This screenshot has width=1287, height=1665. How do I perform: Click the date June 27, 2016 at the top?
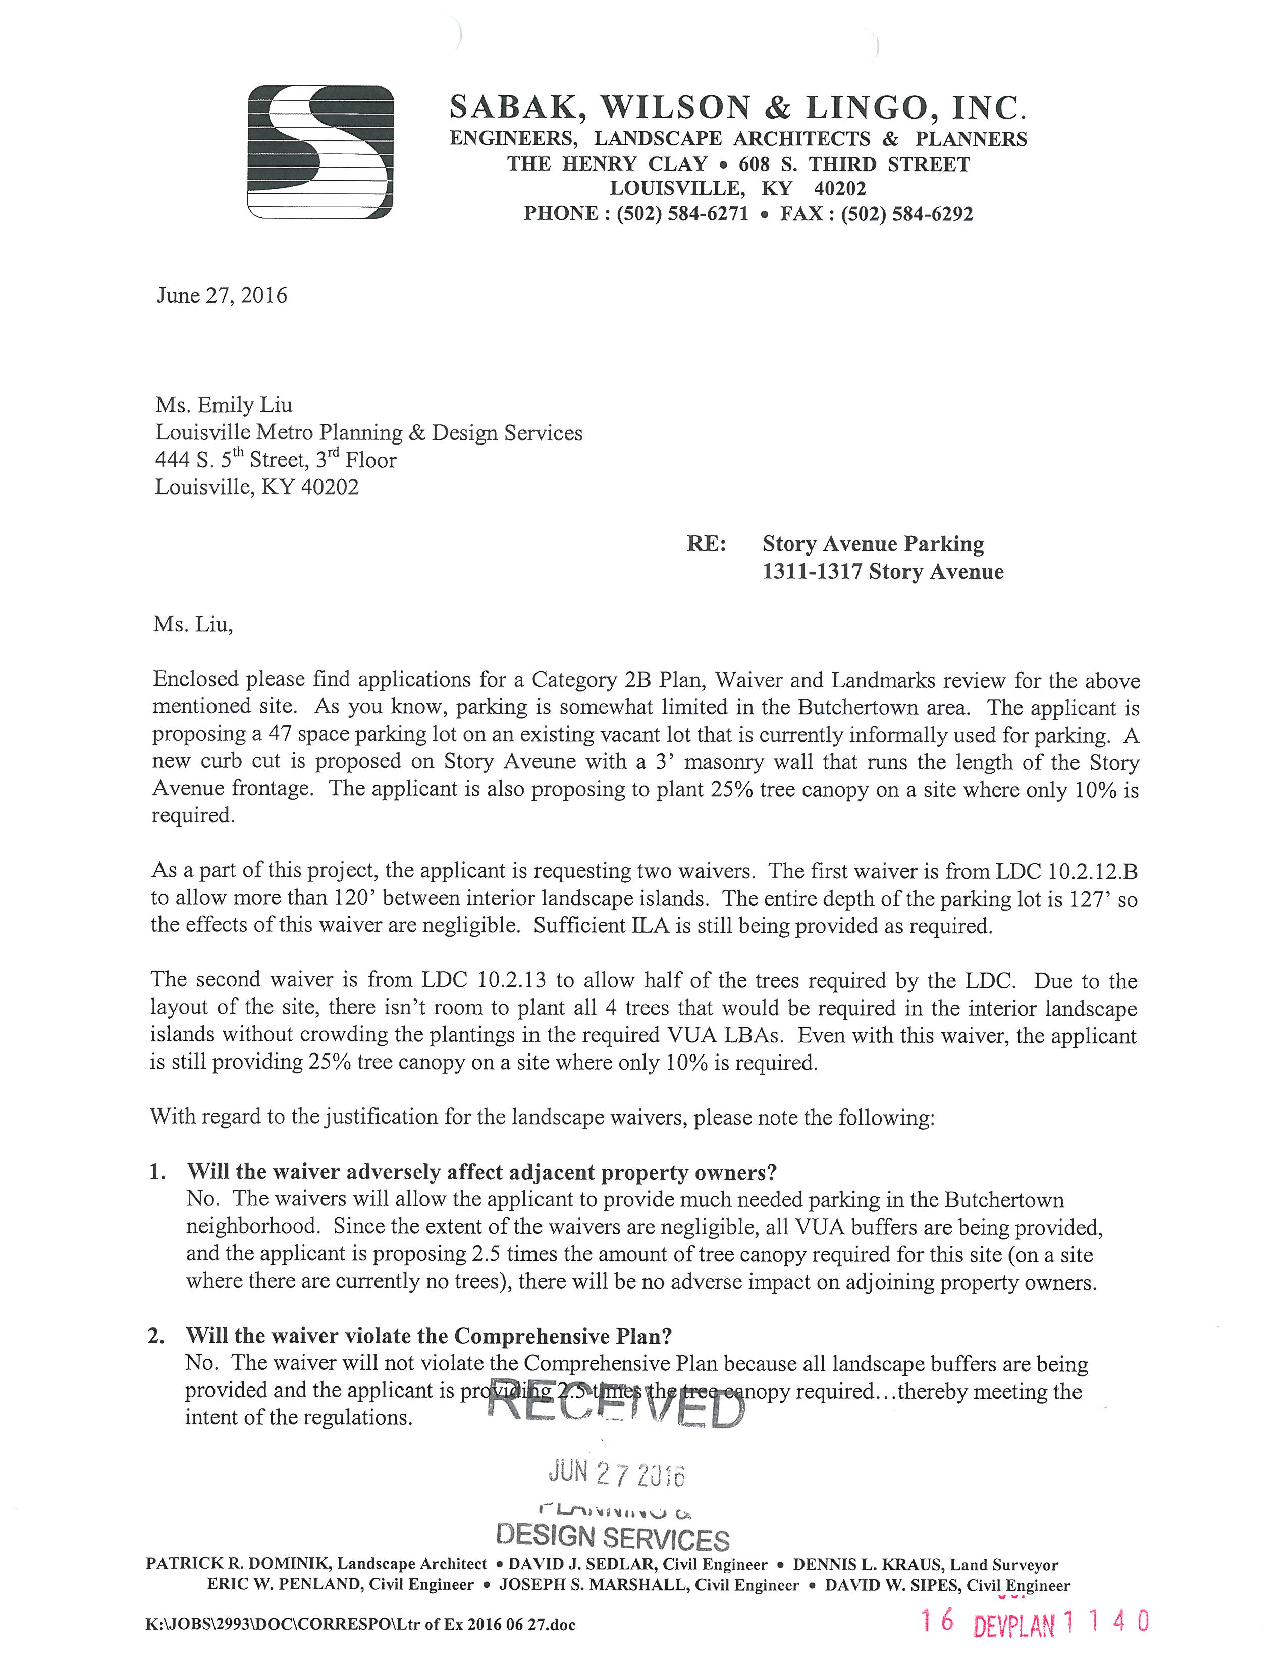pos(222,296)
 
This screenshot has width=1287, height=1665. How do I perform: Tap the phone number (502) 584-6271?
pos(682,214)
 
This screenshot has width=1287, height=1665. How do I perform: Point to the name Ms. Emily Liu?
pos(224,405)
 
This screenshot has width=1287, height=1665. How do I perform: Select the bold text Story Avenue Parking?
pos(873,544)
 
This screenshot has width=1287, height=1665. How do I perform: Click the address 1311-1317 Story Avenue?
pos(883,572)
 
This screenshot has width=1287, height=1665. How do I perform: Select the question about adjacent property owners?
pos(482,1172)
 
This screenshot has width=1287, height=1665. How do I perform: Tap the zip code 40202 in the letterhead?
pos(839,188)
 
